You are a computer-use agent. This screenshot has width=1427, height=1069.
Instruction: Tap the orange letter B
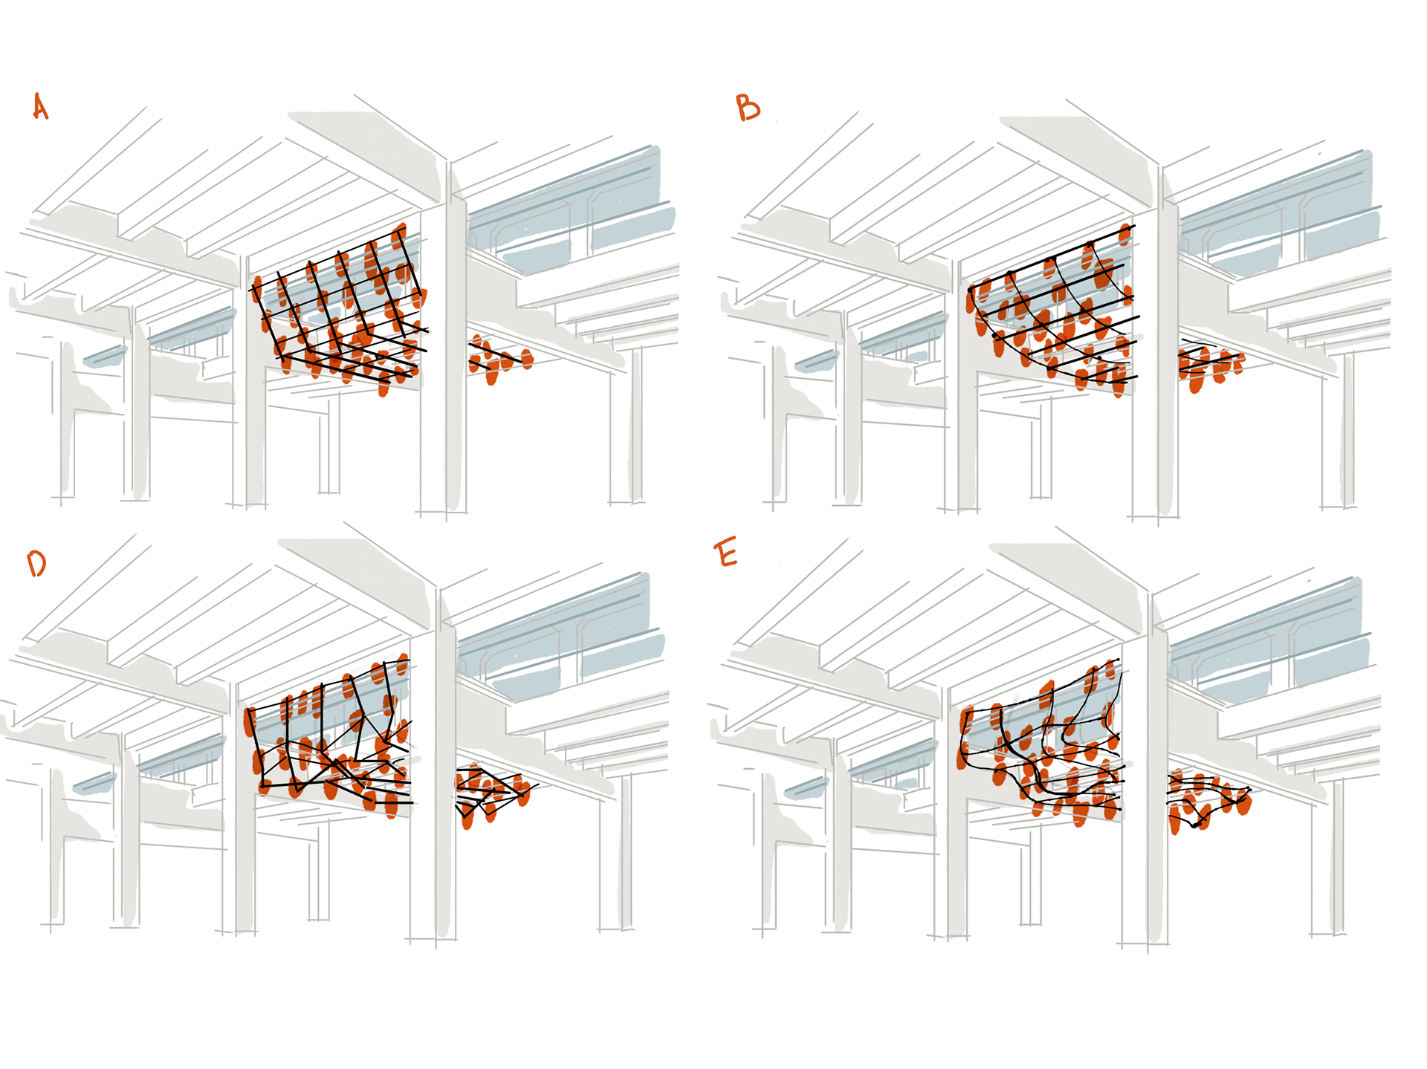(x=748, y=108)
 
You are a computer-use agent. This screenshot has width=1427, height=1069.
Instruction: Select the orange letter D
(x=36, y=564)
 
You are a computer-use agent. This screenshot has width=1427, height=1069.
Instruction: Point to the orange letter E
(x=726, y=554)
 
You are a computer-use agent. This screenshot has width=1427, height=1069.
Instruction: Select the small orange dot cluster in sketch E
(x=1206, y=799)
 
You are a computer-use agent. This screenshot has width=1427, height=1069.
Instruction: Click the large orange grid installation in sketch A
(x=342, y=312)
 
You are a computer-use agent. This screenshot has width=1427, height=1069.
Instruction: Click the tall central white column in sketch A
(x=455, y=342)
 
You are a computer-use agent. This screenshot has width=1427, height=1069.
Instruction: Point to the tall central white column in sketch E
(x=1156, y=773)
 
